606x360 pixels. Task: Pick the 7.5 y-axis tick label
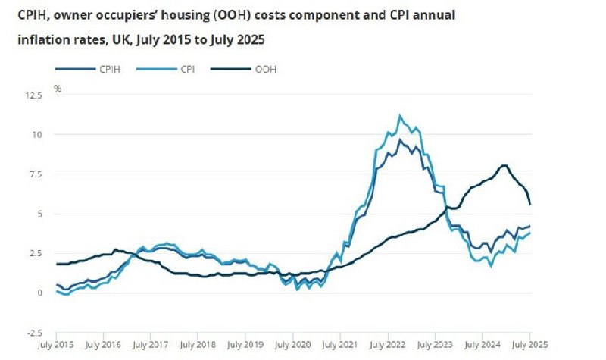point(36,174)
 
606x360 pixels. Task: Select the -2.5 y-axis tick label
point(35,331)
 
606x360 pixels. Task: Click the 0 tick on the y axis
point(40,293)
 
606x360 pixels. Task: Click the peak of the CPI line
point(400,115)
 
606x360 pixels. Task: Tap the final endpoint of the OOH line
point(529,204)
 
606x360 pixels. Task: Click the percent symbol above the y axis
point(58,89)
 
